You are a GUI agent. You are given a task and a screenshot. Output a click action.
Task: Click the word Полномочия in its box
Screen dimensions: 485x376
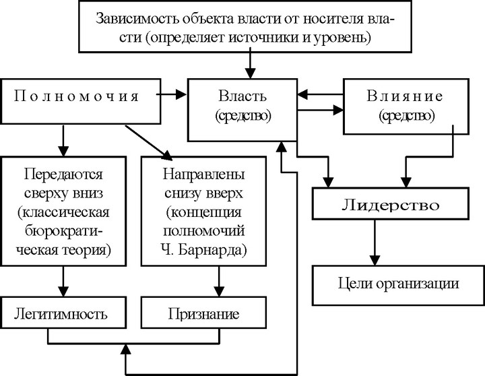[x=76, y=96]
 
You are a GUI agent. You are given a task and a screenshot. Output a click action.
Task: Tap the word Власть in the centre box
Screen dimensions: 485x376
[x=243, y=96]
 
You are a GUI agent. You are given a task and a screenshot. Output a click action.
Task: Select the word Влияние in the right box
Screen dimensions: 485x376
[x=405, y=96]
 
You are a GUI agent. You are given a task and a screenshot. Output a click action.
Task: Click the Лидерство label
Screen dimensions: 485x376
[x=391, y=205]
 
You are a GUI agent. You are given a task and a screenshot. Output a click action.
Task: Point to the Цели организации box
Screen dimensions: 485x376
[x=398, y=285]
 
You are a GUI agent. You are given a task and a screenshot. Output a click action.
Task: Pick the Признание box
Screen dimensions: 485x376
[x=203, y=313]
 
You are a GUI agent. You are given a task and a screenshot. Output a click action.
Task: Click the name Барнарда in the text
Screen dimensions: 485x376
[x=212, y=250]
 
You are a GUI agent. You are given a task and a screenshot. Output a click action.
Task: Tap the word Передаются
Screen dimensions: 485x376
[x=63, y=175]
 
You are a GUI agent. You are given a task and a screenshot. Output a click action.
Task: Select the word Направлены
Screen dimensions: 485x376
[x=203, y=175]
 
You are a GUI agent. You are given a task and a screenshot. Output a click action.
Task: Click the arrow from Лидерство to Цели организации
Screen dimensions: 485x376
[x=375, y=243]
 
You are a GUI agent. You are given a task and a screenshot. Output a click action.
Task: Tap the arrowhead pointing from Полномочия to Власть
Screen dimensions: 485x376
[x=181, y=94]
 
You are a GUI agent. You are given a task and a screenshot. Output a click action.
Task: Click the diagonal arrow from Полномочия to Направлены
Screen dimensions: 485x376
[x=148, y=143]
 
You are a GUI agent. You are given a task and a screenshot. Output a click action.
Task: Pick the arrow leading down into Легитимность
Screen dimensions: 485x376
[x=63, y=281]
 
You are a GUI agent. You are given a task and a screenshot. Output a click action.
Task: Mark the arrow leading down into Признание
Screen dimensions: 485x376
[x=219, y=281]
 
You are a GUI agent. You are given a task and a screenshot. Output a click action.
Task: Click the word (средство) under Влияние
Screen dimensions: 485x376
[x=406, y=116]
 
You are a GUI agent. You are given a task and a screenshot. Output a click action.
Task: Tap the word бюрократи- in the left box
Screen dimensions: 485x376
[x=63, y=231]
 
